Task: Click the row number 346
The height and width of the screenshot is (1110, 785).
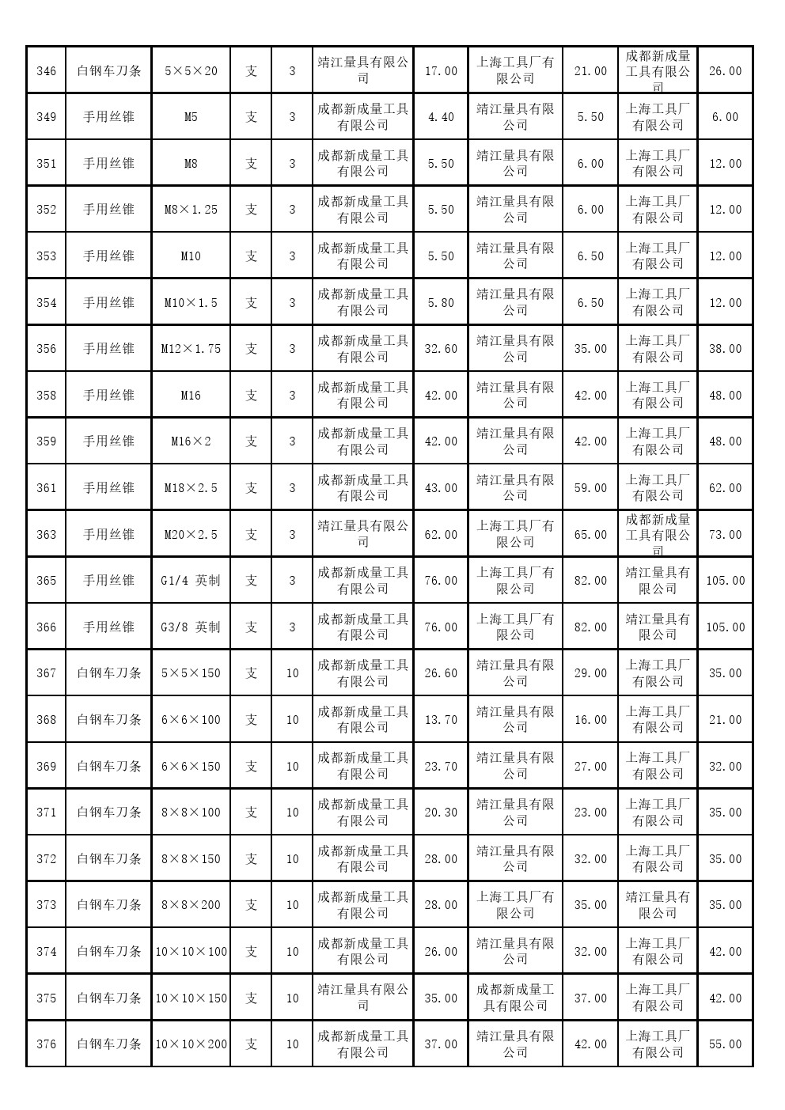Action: (47, 71)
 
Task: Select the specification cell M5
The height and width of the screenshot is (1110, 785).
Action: (191, 117)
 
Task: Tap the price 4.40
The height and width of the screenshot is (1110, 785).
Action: (441, 117)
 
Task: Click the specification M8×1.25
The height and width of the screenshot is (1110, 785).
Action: (191, 210)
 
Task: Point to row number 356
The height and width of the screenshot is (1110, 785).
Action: (47, 349)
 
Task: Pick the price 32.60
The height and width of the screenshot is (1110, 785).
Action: (441, 349)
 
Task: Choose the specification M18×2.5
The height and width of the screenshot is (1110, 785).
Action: (191, 488)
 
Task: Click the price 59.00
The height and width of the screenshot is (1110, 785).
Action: (590, 488)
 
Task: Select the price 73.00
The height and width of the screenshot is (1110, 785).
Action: (725, 535)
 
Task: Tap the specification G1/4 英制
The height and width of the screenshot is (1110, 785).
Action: (191, 581)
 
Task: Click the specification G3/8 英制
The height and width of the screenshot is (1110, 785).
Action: (191, 627)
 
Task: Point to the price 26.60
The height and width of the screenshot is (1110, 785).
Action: (441, 673)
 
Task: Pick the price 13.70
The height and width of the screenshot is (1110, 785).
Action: (441, 720)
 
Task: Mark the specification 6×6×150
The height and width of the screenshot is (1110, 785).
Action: (191, 767)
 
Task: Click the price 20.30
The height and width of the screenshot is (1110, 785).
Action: (441, 813)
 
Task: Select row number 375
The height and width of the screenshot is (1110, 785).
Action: (47, 998)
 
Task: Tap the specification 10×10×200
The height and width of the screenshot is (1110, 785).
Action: (191, 1044)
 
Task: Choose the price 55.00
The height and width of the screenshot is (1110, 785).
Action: (725, 1044)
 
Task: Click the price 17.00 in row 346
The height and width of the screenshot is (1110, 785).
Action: (441, 71)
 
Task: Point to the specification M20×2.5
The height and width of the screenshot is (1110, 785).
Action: (191, 535)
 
